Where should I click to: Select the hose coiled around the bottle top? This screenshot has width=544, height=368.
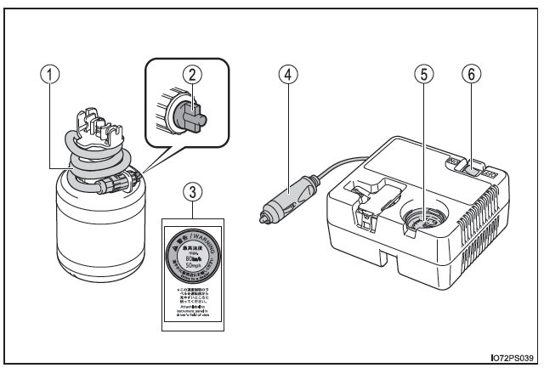tap(99, 156)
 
